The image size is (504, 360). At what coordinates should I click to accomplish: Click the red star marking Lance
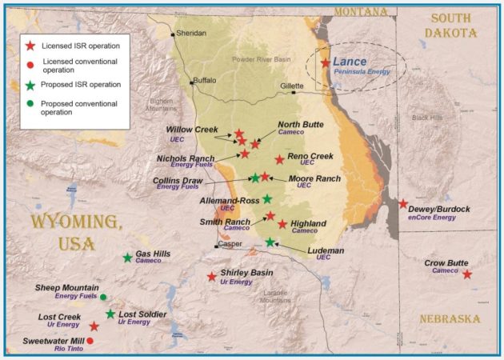click(x=325, y=62)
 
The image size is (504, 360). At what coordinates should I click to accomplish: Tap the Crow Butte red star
click(x=467, y=274)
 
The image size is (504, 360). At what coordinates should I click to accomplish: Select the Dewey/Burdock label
click(x=438, y=210)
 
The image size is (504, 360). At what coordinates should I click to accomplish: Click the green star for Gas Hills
click(x=128, y=258)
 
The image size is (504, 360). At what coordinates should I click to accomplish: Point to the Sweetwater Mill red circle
click(x=90, y=341)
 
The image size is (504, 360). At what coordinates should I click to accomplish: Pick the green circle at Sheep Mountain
click(x=103, y=297)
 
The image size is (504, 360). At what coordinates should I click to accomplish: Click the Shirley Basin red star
click(x=211, y=277)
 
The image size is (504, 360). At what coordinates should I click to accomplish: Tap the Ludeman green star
click(x=270, y=242)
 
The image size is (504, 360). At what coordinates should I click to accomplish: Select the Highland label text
click(x=308, y=223)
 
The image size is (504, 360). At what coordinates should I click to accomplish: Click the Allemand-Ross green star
click(x=267, y=198)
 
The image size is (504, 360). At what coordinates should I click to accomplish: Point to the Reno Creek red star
click(x=279, y=159)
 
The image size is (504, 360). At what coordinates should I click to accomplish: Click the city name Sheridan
click(x=190, y=33)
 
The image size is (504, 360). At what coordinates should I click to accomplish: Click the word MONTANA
click(x=360, y=11)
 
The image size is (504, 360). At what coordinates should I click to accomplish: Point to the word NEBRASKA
click(x=450, y=319)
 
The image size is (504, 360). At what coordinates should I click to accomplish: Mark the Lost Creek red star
click(x=94, y=326)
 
